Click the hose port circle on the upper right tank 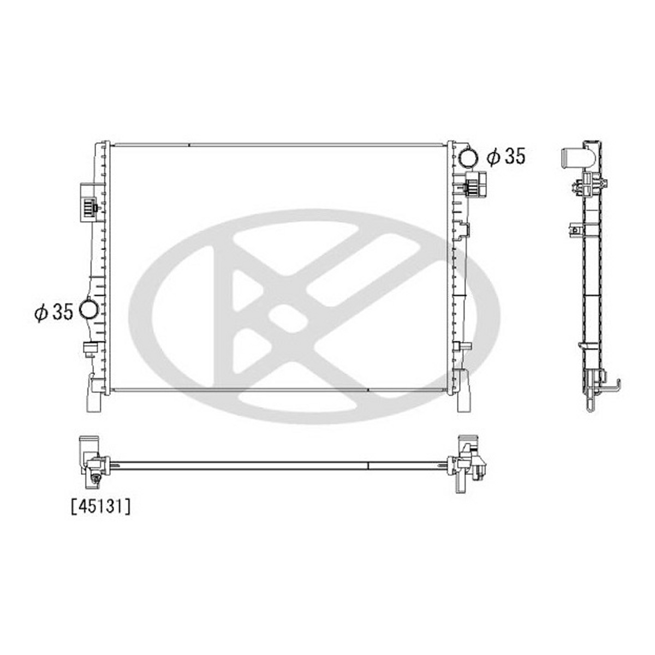point(468,157)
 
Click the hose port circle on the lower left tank point(89,308)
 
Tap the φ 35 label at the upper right point(506,157)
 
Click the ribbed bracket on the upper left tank point(88,203)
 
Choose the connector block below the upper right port point(475,184)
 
